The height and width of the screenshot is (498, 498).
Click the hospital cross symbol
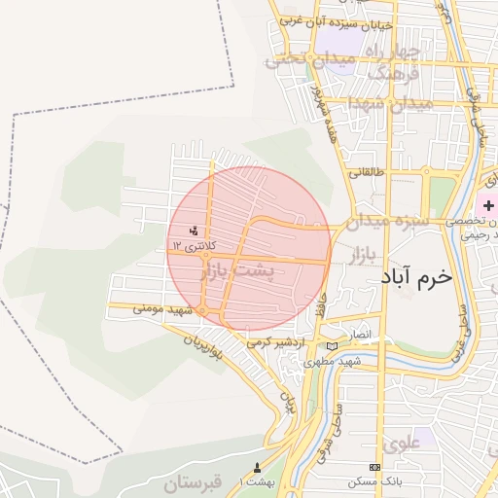[487, 206]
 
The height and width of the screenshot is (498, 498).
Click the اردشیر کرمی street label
[276, 342]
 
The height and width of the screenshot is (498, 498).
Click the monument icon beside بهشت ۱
[257, 468]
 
